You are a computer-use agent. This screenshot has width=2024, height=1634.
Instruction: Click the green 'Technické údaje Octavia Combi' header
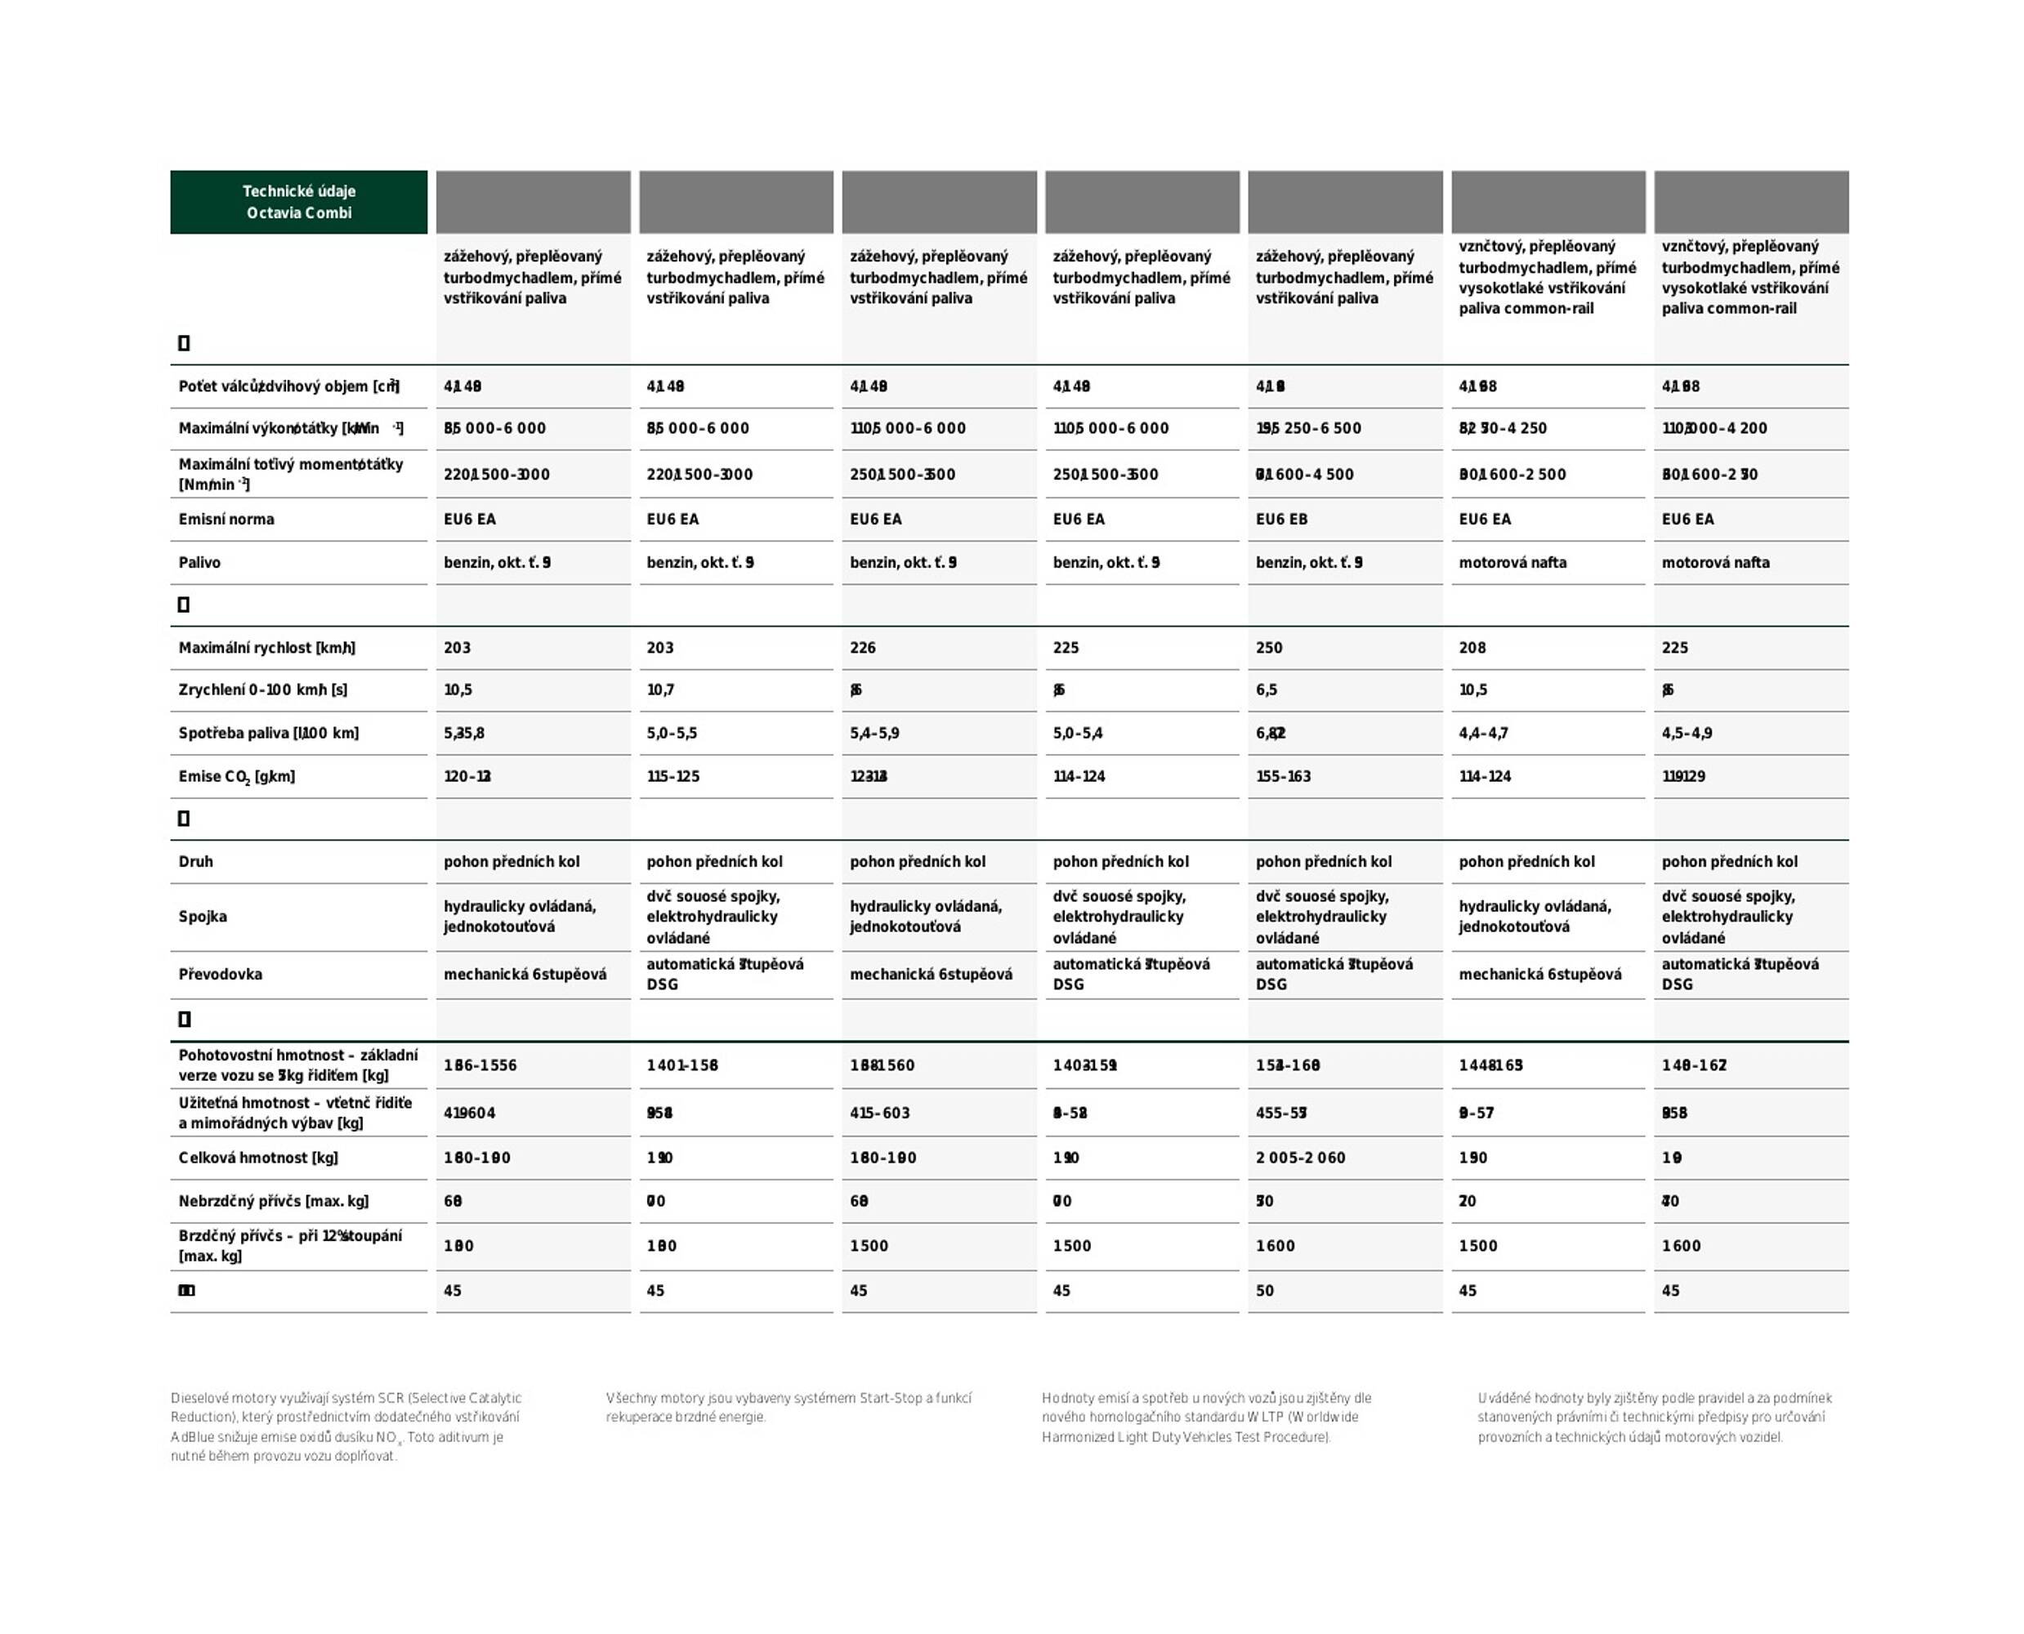[298, 202]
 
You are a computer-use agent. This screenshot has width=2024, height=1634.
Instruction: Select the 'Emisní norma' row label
[226, 520]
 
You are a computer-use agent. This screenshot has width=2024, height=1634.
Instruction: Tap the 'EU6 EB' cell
[1281, 520]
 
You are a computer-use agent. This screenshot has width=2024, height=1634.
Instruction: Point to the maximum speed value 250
[1269, 648]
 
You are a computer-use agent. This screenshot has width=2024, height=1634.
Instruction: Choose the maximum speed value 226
[862, 648]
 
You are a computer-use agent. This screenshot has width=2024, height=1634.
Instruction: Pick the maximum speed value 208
[1472, 648]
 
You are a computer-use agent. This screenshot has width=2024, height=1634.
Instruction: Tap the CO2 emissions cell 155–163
[1283, 776]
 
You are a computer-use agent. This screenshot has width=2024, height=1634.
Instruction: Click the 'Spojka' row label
[203, 917]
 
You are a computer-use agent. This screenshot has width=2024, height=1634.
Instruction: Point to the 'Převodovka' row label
[221, 974]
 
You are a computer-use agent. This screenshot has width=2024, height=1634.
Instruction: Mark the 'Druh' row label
[196, 861]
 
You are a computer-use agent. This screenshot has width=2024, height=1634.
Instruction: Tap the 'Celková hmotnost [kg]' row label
[258, 1158]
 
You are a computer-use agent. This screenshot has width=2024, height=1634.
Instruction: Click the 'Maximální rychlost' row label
[266, 648]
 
